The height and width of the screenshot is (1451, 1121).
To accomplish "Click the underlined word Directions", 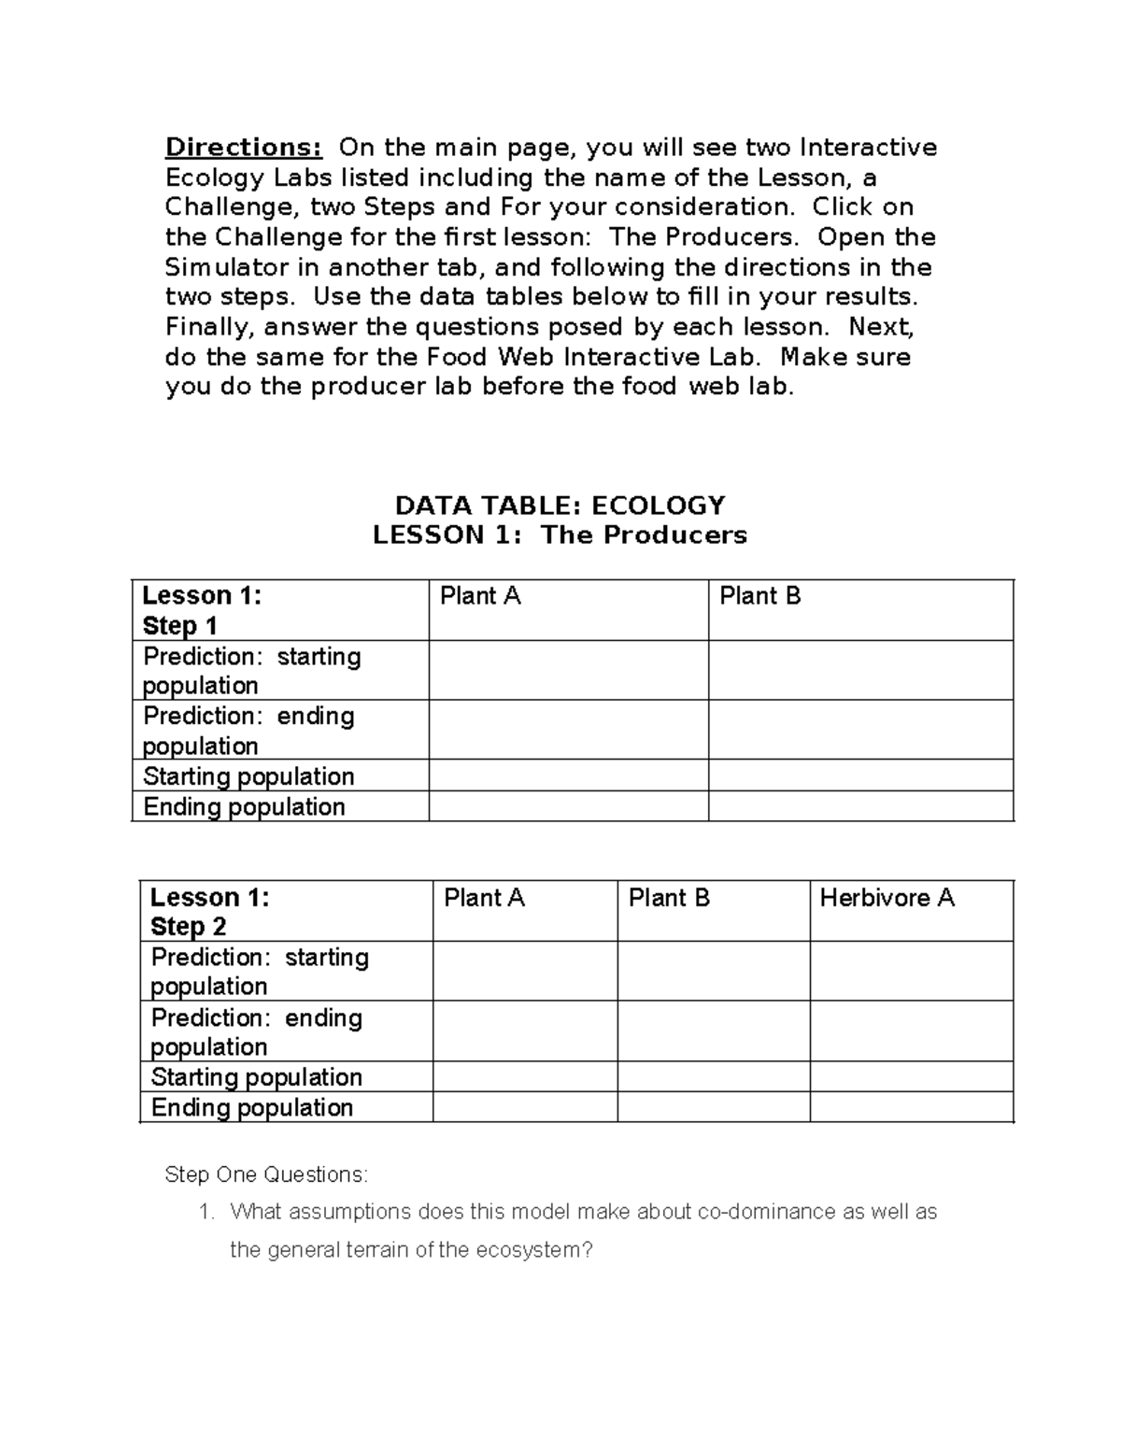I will click(x=244, y=148).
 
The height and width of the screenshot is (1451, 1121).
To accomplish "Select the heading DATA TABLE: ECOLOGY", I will click(x=560, y=505).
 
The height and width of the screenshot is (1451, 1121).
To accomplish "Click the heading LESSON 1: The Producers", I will click(x=560, y=535).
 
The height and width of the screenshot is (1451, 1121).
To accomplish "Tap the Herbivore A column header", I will click(x=887, y=898).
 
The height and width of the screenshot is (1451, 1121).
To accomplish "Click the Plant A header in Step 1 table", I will click(x=480, y=596).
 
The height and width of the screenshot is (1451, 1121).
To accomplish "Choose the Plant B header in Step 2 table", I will click(x=669, y=898).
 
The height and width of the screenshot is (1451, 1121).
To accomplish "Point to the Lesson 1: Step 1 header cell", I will click(x=202, y=610).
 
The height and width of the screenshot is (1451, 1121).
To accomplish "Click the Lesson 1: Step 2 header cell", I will click(x=209, y=912).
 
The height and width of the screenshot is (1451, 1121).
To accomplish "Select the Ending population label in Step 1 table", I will click(x=244, y=806).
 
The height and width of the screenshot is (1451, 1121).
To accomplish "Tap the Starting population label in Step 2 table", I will click(x=256, y=1076).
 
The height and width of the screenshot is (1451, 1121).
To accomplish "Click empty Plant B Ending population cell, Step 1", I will click(x=860, y=806).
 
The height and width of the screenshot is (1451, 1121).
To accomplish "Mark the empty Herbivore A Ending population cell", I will click(x=911, y=1107).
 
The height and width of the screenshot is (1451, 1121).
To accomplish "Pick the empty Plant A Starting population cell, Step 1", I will click(x=568, y=775).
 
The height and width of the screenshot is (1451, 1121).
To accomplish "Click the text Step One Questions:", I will click(x=266, y=1174).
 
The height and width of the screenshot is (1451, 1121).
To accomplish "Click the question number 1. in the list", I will click(x=206, y=1212).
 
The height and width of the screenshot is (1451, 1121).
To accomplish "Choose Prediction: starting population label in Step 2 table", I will click(x=260, y=972).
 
